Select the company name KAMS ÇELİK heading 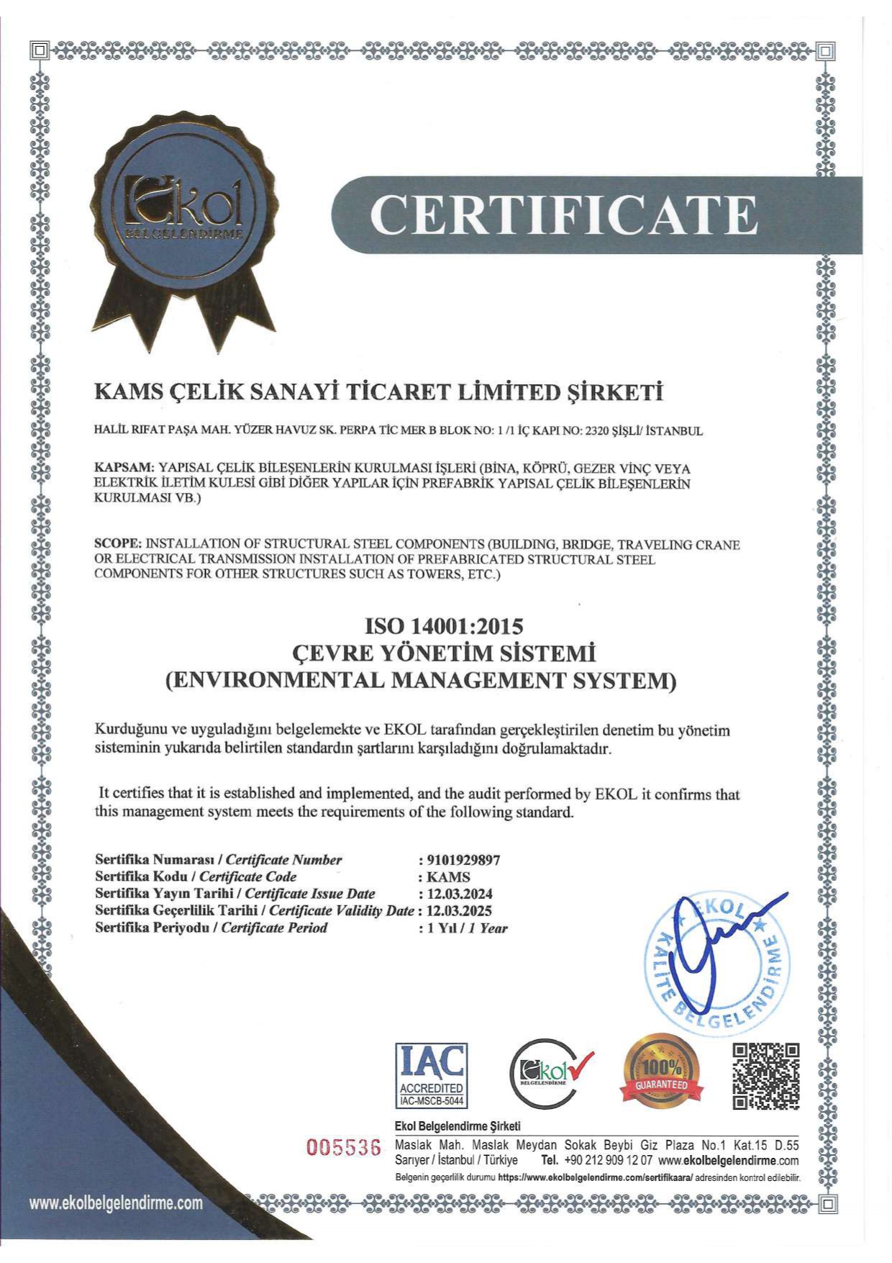pos(378,392)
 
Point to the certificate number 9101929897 pos(463,859)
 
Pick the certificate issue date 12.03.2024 pos(459,894)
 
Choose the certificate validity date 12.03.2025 pos(459,910)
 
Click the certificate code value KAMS pos(448,877)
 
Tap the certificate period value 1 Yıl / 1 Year pos(467,928)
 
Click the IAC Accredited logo pos(431,1074)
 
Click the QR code pos(765,1076)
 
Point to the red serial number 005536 pos(343,1147)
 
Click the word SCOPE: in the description pos(119,543)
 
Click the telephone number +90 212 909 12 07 pos(608,1160)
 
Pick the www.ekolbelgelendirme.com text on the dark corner pos(115,1203)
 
